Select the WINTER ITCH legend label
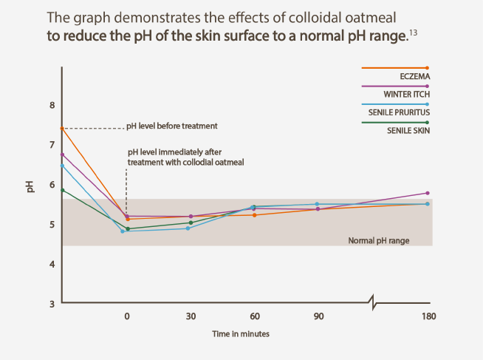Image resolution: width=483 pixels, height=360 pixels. pyautogui.click(x=405, y=94)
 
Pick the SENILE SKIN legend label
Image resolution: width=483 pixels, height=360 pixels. pyautogui.click(x=408, y=130)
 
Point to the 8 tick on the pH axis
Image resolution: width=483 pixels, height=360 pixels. pyautogui.click(x=51, y=105)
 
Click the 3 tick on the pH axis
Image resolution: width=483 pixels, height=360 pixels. pyautogui.click(x=51, y=304)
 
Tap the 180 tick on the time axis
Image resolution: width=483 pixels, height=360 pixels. pyautogui.click(x=428, y=316)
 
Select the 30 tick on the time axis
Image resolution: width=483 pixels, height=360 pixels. pyautogui.click(x=191, y=316)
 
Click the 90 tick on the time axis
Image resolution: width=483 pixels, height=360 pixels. pyautogui.click(x=318, y=316)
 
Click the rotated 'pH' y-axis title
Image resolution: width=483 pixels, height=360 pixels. pyautogui.click(x=31, y=187)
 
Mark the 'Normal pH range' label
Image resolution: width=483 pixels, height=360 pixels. pyautogui.click(x=378, y=241)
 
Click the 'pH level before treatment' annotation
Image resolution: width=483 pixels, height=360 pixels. pyautogui.click(x=172, y=126)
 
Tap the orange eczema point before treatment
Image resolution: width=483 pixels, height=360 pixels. pyautogui.click(x=62, y=129)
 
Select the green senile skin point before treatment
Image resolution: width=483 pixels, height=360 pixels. pyautogui.click(x=62, y=190)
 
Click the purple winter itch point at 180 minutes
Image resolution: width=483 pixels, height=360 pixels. pyautogui.click(x=428, y=193)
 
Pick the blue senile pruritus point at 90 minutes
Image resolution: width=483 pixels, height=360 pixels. pyautogui.click(x=318, y=204)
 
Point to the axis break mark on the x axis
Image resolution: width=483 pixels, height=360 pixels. pyautogui.click(x=375, y=302)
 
